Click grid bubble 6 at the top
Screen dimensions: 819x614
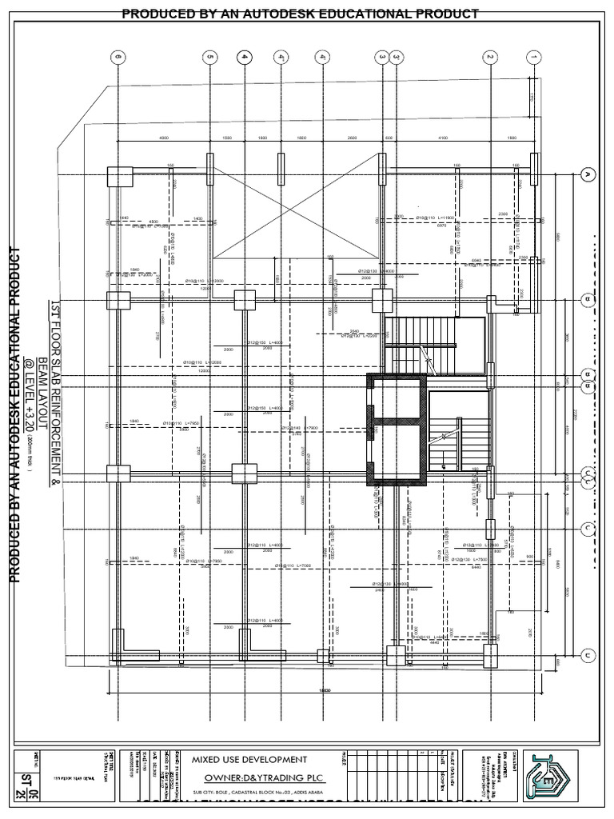(x=118, y=57)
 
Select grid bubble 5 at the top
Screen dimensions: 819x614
(x=210, y=57)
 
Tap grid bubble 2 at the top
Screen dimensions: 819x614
(x=489, y=57)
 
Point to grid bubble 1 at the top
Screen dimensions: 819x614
(x=534, y=57)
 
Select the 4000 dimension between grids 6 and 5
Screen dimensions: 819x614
(x=164, y=138)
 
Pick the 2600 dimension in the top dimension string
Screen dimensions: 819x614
(x=353, y=138)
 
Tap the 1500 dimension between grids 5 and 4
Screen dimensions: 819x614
(x=226, y=138)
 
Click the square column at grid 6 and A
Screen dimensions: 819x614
(x=119, y=175)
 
